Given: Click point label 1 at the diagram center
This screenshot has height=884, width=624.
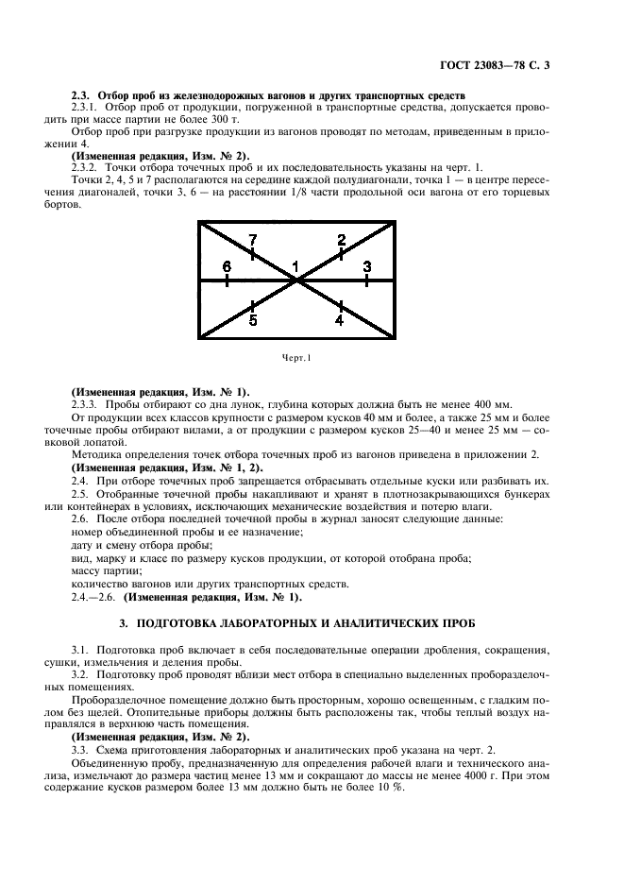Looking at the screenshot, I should pyautogui.click(x=295, y=266).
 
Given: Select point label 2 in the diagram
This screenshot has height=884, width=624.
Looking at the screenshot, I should pyautogui.click(x=341, y=240).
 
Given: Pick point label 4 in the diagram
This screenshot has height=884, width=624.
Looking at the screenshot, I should pyautogui.click(x=340, y=320).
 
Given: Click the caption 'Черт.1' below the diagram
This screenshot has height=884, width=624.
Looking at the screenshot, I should pyautogui.click(x=295, y=357).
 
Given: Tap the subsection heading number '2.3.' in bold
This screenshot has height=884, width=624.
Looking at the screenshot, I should pyautogui.click(x=82, y=95).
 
